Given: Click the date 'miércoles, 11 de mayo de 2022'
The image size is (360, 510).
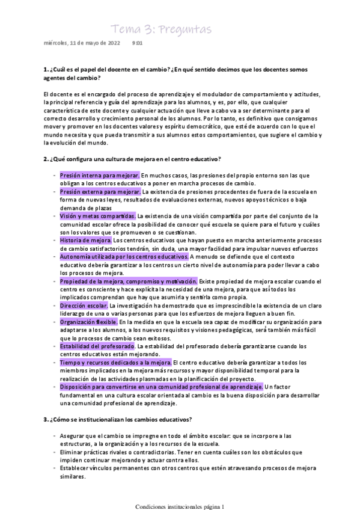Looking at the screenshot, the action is tap(82, 43).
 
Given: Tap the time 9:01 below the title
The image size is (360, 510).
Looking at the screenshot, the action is tap(137, 43).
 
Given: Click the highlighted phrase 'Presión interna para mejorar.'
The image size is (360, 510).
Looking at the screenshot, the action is tap(100, 175).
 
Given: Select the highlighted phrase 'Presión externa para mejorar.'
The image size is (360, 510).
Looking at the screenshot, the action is tap(100, 191).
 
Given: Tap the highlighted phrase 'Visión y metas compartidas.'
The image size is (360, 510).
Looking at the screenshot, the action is tap(97, 215).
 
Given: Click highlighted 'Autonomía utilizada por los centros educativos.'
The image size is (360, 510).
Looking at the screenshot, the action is tap(124, 256).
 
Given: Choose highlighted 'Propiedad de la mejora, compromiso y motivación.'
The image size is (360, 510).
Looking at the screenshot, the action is tap(129, 281).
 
